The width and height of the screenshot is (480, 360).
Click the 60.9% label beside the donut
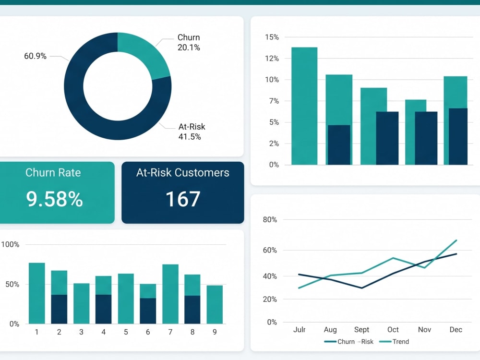[x=35, y=56]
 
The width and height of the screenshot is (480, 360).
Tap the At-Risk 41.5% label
[x=192, y=132]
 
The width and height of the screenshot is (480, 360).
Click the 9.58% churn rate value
[x=55, y=199]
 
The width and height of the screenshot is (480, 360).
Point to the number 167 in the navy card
[x=183, y=199]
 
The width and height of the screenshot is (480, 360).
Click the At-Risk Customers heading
[x=183, y=173]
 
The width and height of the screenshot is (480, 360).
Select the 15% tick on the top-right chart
[x=272, y=37]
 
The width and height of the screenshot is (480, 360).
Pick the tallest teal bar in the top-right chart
[x=304, y=106]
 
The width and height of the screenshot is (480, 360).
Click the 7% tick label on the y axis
[x=274, y=101]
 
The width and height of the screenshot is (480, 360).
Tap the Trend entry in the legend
[x=394, y=342]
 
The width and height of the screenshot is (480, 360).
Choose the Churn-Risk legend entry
[x=348, y=342]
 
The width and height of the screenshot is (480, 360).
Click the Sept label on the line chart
[x=361, y=330]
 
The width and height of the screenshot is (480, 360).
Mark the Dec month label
[x=456, y=330]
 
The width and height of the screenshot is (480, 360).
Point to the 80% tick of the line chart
[x=270, y=219]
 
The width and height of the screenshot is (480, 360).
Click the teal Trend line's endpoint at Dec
[x=456, y=240]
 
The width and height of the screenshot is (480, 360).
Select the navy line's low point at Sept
[x=362, y=288]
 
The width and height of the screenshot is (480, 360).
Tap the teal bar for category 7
[x=170, y=294]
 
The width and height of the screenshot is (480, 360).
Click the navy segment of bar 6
[x=148, y=311]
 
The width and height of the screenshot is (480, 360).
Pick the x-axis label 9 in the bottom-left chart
[x=215, y=332]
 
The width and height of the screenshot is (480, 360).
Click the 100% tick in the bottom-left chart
[x=10, y=244]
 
